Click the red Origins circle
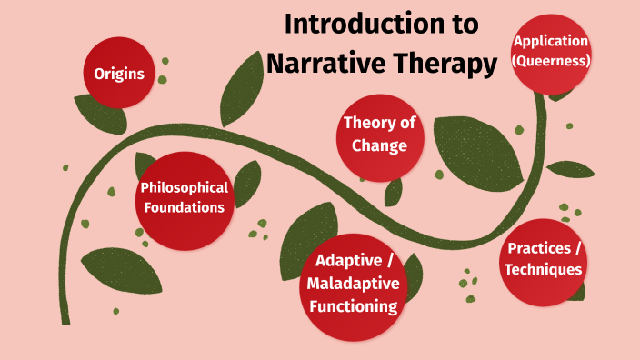coord(119,73)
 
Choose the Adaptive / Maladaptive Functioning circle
coord(353,283)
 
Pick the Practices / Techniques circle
coord(544,259)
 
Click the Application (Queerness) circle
coord(551,52)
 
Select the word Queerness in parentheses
coord(552,61)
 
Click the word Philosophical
coord(184,188)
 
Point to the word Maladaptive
coord(353,284)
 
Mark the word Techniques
coord(544,269)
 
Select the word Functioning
coord(353,305)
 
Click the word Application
coord(551,41)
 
